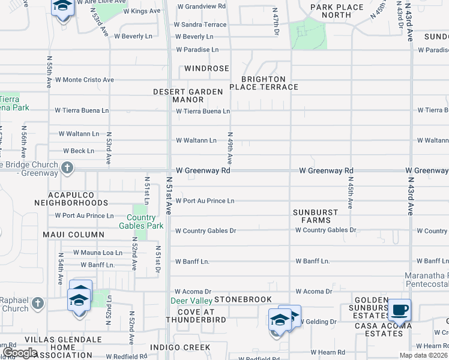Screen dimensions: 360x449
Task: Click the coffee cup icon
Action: [x=399, y=310]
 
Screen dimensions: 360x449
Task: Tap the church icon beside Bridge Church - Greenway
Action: [x=67, y=168]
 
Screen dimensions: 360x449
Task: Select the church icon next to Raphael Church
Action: [x=38, y=302]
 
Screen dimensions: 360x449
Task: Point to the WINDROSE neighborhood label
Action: [x=206, y=68]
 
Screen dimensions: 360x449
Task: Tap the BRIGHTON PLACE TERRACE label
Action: [x=270, y=83]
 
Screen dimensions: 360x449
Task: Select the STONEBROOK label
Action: [x=243, y=299]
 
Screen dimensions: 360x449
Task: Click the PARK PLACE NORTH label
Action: [x=337, y=11]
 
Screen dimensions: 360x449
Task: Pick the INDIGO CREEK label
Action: [x=188, y=347]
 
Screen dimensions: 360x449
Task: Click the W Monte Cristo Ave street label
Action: [x=84, y=79]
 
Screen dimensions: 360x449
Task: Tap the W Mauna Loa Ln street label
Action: [x=98, y=253]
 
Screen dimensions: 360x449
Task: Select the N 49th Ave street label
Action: [x=229, y=148]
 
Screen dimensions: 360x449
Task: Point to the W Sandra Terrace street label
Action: [x=200, y=25]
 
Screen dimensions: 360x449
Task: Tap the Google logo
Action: [x=20, y=353]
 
